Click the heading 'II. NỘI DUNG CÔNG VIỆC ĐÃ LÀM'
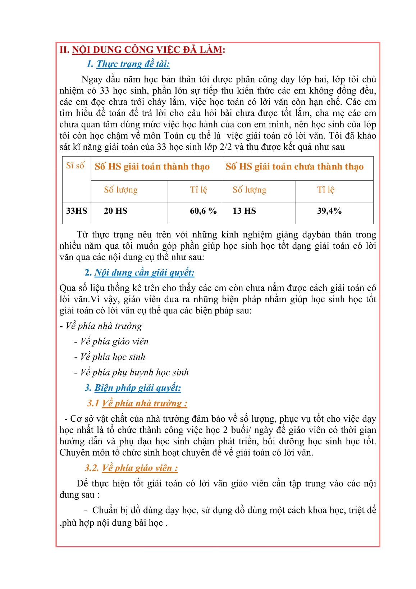click(142, 50)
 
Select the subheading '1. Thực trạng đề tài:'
click(128, 64)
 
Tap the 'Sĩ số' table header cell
click(75, 166)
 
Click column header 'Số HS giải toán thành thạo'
click(152, 167)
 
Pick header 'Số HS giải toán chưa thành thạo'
click(294, 167)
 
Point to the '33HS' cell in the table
click(77, 211)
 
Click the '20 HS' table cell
click(115, 211)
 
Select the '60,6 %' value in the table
click(203, 211)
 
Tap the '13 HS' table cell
click(244, 211)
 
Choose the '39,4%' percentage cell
click(329, 211)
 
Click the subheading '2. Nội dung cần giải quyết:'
click(140, 273)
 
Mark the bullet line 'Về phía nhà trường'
click(104, 326)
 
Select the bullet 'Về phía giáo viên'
click(114, 341)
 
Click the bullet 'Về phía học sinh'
click(113, 357)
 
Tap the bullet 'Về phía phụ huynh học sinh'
click(134, 372)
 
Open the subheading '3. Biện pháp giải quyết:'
click(133, 388)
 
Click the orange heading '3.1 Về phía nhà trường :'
click(137, 403)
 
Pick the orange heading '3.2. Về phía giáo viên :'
click(131, 468)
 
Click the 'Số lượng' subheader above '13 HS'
click(249, 190)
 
